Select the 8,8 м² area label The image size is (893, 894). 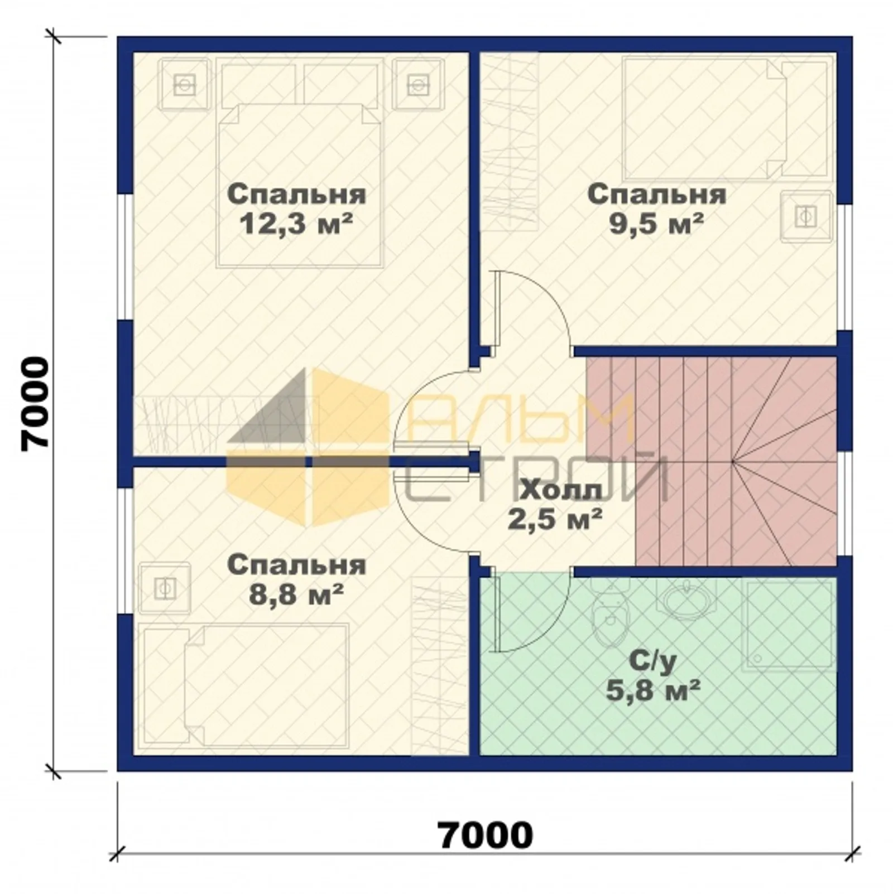click(296, 595)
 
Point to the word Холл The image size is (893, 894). click(561, 491)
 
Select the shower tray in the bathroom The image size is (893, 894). click(789, 624)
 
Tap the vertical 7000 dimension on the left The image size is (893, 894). click(35, 403)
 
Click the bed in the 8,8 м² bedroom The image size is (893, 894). click(246, 685)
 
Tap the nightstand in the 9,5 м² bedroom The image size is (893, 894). click(806, 216)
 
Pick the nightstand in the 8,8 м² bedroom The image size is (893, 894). click(165, 588)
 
